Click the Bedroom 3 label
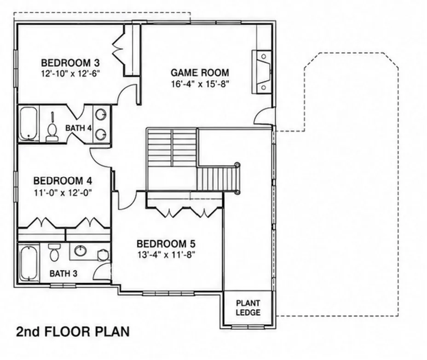70,63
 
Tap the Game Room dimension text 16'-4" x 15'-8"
199,84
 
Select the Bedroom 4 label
63,180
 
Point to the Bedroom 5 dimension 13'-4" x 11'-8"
167,255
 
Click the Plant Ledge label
248,308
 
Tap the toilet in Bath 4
52,130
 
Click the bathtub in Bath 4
29,123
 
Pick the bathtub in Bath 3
29,263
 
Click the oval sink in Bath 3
81,251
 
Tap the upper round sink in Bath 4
101,114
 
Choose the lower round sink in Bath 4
101,134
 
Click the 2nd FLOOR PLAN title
73,331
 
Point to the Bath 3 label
63,273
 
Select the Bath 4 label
78,128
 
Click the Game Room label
200,72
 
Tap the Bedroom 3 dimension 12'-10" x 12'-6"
71,74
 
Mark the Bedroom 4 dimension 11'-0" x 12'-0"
63,193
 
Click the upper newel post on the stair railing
237,165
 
